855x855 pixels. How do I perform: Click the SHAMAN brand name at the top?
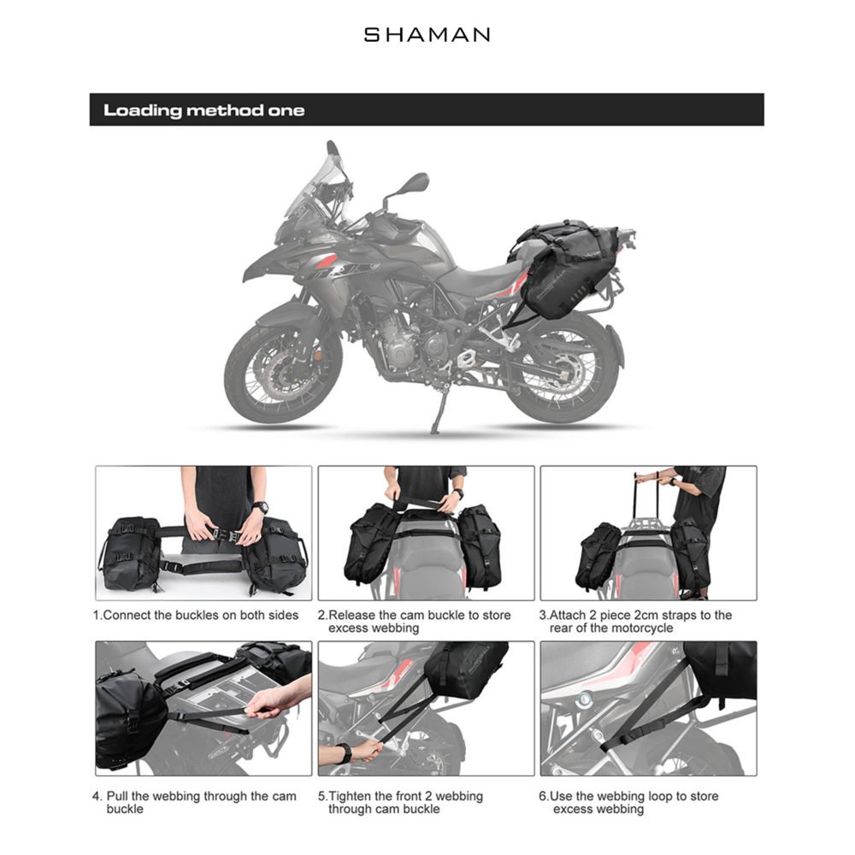427,35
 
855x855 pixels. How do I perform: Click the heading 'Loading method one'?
204,110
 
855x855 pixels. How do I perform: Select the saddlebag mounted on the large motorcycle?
566,270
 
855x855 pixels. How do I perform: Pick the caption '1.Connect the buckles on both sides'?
196,615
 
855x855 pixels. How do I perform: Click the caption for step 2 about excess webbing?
415,621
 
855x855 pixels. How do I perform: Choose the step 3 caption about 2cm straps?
636,621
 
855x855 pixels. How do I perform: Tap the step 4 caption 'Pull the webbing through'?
195,802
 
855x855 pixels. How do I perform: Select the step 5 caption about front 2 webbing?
401,802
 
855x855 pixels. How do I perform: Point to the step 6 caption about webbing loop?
628,802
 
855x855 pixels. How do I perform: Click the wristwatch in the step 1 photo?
260,508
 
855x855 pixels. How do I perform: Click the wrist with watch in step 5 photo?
345,752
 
